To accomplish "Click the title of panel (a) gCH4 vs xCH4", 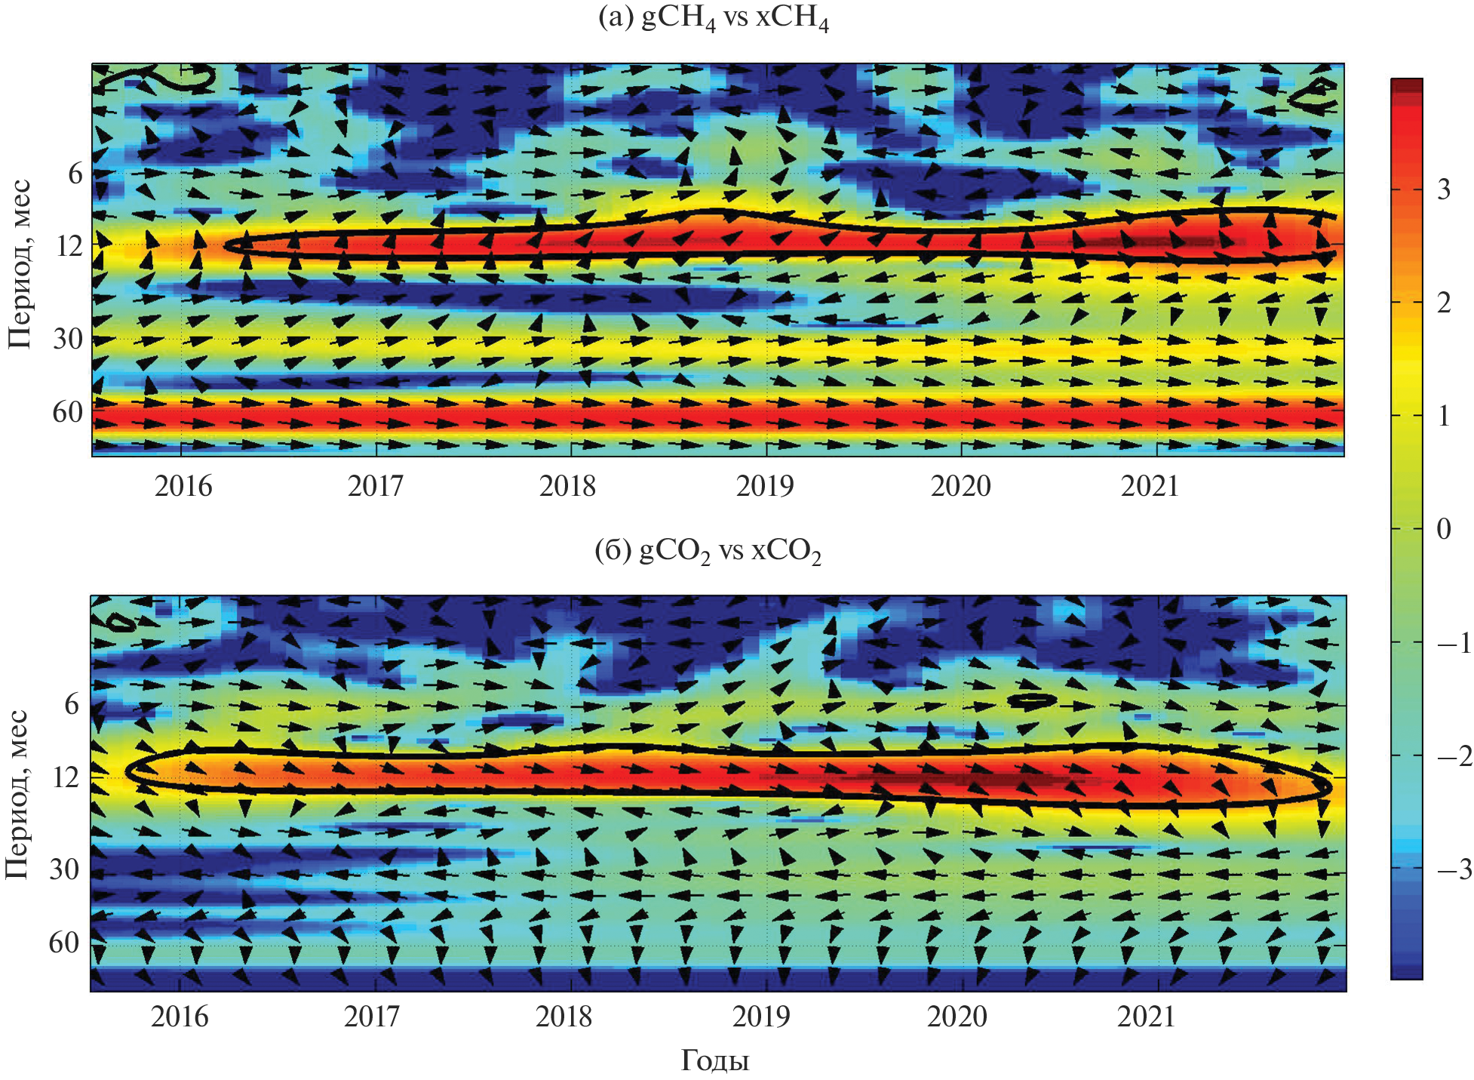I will coord(713,18).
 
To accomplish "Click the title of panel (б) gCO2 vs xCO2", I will coord(708,552).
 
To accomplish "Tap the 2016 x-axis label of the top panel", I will coord(183,487).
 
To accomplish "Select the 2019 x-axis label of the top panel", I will coord(765,487).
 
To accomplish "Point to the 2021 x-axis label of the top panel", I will coord(1149,487).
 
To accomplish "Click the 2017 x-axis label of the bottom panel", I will coord(373,1017).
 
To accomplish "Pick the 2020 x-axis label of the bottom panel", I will coord(957,1017).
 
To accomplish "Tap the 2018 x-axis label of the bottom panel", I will coord(564,1017).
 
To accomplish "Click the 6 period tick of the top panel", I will coord(75,174).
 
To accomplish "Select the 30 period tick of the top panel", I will coord(68,340).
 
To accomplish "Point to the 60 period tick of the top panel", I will coord(68,413).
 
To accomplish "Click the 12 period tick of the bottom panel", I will coord(66,777).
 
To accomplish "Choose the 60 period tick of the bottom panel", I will coord(64,943).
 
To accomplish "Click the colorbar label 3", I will coord(1443,189).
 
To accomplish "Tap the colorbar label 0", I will coord(1443,529).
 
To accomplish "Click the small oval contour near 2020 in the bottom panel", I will coord(1031,700).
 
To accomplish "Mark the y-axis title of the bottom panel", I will coord(18,794).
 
